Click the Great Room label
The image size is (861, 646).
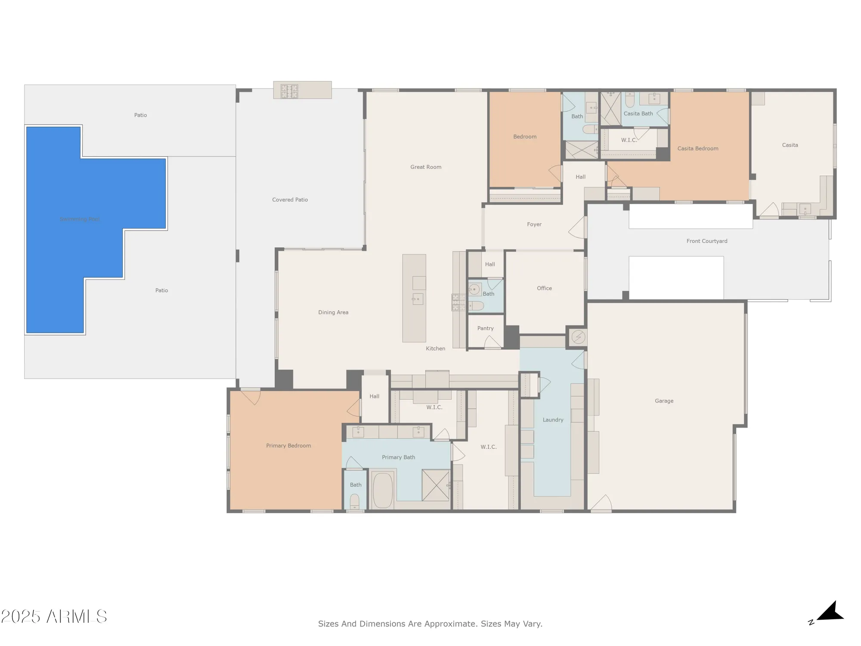click(425, 167)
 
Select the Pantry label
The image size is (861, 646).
click(485, 328)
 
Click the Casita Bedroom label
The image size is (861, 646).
click(697, 149)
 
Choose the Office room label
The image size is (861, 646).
click(544, 288)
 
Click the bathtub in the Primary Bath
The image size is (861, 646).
click(382, 490)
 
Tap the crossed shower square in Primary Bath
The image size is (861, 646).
click(435, 485)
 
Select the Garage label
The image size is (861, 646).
click(664, 401)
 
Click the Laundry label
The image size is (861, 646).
click(553, 420)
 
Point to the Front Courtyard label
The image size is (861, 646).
click(706, 241)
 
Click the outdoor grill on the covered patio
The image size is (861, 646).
click(289, 91)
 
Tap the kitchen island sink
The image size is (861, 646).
click(417, 298)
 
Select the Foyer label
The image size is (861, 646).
click(534, 224)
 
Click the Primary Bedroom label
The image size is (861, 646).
click(288, 446)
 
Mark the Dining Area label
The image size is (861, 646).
click(333, 313)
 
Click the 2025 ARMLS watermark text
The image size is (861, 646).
click(54, 617)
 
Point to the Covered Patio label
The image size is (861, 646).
click(290, 200)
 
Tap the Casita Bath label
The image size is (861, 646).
click(638, 114)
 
